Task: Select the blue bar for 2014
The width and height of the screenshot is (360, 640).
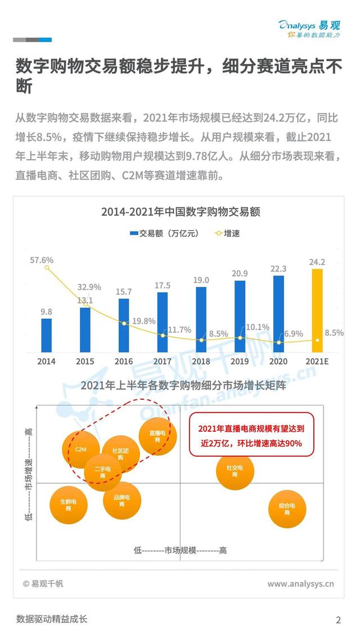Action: tap(47, 335)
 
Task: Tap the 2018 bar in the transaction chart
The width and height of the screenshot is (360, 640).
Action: tap(201, 319)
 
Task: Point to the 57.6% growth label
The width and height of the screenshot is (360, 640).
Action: tap(42, 260)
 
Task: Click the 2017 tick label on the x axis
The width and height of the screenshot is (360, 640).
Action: tap(163, 361)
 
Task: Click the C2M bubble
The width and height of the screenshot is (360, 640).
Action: tap(80, 450)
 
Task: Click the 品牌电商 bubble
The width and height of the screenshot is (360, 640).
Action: tap(122, 501)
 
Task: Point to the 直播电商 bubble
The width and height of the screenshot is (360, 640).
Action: tap(157, 436)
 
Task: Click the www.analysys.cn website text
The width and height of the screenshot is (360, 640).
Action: tap(300, 584)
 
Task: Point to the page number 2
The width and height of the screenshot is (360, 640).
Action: tap(338, 620)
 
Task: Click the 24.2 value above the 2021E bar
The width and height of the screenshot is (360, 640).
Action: tap(317, 262)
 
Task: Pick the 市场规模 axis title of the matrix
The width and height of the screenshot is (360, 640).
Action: tap(180, 550)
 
